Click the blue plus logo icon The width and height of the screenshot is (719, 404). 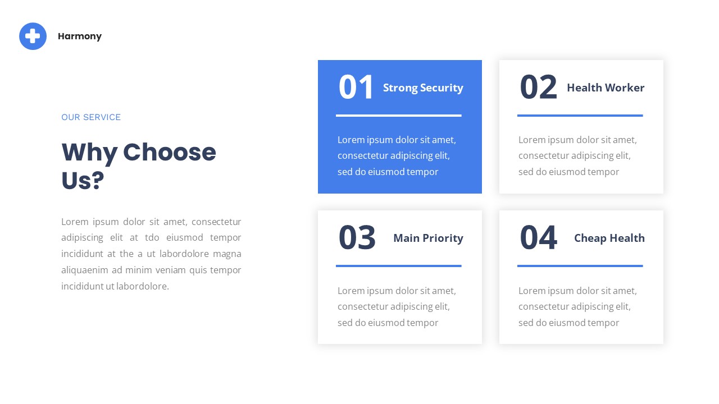33,36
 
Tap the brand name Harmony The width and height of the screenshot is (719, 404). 80,36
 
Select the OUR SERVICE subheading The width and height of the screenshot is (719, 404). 91,117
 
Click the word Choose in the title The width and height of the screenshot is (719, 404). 169,153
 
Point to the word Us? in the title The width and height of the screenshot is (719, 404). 83,181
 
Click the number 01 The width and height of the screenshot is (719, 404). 356,88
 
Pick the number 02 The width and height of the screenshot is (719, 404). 538,88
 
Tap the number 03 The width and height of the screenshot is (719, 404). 357,238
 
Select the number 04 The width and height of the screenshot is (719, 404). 538,238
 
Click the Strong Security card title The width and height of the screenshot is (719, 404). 423,88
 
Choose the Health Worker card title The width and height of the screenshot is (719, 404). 606,88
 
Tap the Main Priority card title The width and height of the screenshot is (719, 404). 428,238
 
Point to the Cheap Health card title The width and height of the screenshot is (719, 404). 609,238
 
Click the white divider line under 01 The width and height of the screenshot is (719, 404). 398,116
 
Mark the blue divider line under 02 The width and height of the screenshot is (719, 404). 580,116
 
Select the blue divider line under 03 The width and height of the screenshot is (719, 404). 398,266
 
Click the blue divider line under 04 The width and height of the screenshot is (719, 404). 580,266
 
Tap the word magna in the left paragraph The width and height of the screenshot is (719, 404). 227,254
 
